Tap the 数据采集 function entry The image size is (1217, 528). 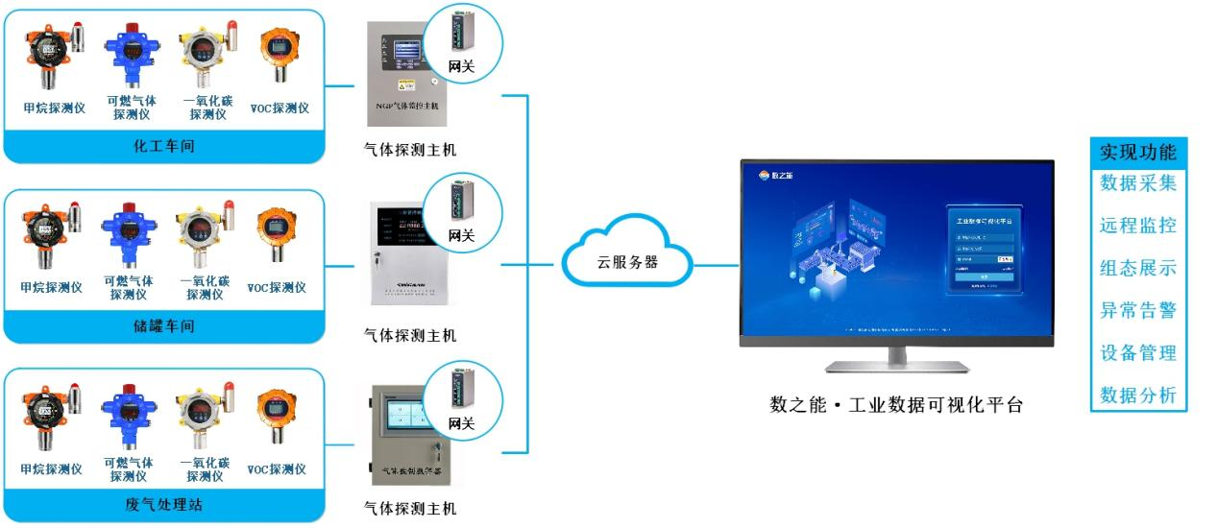tap(1138, 183)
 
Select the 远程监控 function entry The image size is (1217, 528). tap(1138, 226)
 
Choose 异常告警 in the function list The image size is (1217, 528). tap(1138, 310)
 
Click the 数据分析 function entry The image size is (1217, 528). tap(1138, 395)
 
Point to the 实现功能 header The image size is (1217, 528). tap(1138, 153)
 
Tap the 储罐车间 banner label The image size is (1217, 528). tap(163, 326)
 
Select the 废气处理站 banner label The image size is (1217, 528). tap(163, 505)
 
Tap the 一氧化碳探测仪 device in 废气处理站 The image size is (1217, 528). tap(204, 413)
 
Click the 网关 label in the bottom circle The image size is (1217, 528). tap(462, 423)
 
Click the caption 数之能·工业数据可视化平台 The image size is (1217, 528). tap(896, 405)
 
